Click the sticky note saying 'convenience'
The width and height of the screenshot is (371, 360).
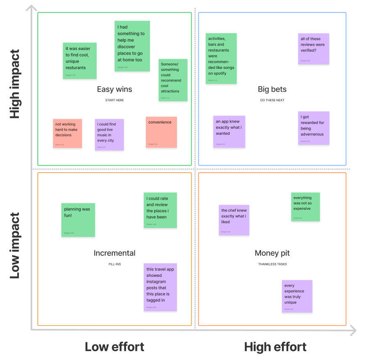161,132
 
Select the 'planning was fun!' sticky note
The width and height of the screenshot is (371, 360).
78,220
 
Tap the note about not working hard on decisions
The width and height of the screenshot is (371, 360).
67,133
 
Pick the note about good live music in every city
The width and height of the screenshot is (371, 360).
109,134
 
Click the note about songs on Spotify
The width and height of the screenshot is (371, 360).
221,58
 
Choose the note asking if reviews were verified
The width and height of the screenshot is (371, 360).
313,49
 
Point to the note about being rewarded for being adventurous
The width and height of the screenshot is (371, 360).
313,128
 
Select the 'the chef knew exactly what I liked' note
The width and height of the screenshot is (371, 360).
234,220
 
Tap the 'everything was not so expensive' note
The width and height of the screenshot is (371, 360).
305,207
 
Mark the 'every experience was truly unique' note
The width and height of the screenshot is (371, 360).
297,296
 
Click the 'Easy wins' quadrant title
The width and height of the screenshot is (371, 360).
114,89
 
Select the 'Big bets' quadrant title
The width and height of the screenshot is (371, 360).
272,89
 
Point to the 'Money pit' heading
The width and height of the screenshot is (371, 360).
272,253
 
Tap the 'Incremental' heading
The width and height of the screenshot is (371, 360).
114,253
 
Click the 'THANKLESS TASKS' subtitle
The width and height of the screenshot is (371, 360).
272,264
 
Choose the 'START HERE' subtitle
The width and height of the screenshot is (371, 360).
114,100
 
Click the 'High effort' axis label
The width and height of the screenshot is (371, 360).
275,347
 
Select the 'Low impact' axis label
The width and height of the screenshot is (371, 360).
15,246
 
